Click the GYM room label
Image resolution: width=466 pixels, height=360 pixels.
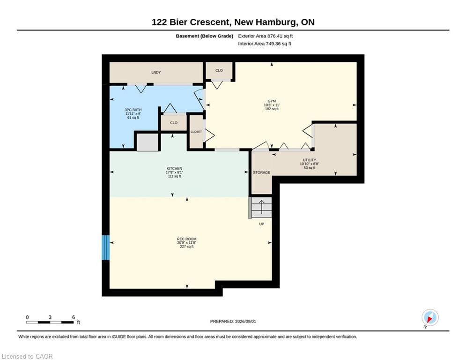(272, 101)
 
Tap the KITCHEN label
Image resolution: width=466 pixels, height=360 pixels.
(174, 168)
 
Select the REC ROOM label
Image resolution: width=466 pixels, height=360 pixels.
(187, 239)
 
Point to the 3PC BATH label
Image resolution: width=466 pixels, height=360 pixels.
(133, 110)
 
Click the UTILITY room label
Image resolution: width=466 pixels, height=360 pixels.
(310, 160)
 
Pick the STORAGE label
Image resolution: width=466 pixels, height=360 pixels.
(261, 172)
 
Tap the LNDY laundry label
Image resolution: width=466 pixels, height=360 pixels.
(156, 72)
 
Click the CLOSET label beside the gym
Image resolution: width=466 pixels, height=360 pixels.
(196, 132)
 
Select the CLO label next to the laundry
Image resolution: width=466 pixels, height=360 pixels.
(219, 70)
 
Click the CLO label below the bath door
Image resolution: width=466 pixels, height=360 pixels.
(174, 123)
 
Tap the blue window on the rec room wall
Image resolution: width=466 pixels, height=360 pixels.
(106, 247)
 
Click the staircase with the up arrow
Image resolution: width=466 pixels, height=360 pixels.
(261, 207)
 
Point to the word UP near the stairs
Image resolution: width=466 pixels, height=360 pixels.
(261, 224)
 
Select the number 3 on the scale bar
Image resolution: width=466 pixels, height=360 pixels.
(50, 317)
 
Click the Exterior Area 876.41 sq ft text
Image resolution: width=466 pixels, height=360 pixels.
(266, 36)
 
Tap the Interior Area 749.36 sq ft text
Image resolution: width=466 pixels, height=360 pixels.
(265, 44)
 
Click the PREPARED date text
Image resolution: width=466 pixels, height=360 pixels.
(233, 321)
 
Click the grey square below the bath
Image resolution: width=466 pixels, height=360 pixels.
(148, 142)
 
